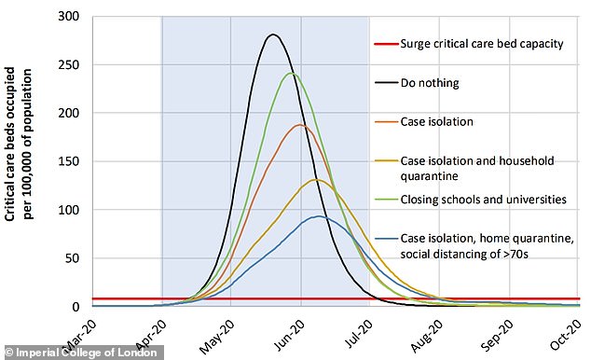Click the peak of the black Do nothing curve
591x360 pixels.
pos(273,35)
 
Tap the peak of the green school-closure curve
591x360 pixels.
pos(292,73)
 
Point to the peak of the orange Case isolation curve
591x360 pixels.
pos(300,124)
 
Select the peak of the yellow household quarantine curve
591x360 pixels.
pos(316,180)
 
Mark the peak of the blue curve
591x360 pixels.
pos(319,216)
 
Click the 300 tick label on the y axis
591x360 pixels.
pos(69,16)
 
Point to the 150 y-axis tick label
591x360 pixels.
pos(69,161)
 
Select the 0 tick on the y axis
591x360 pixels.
pos(76,307)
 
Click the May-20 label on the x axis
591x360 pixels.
pos(216,337)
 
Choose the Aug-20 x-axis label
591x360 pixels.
pos(427,337)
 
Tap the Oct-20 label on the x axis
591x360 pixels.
pos(567,335)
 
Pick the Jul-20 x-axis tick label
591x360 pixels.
pos(359,335)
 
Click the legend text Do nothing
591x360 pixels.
pos(430,83)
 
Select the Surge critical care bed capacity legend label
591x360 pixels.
pos(482,44)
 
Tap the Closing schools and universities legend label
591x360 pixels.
pos(483,200)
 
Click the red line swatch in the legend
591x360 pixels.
pos(386,44)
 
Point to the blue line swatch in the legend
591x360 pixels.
pos(386,239)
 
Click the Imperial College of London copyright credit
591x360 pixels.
pos(82,353)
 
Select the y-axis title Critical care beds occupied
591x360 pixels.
pos(10,144)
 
